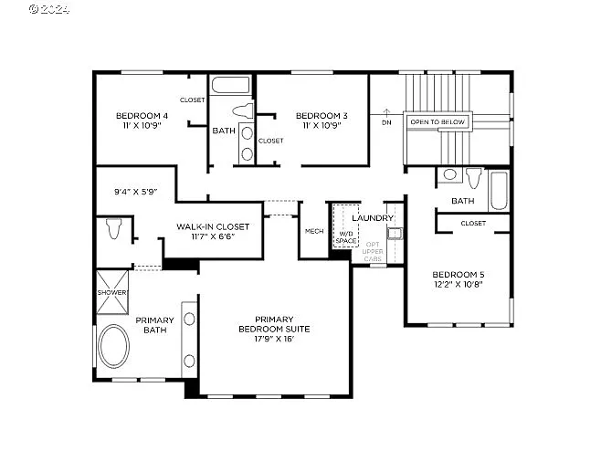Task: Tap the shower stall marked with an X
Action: coord(112,292)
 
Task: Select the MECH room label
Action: coord(314,232)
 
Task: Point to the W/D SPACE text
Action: coord(346,237)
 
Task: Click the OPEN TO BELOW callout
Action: coord(438,121)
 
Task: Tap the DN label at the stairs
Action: coord(386,121)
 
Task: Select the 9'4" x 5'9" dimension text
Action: coord(135,192)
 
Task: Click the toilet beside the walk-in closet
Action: coord(113,228)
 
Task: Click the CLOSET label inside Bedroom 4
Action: coord(193,100)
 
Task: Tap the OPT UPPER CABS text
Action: coord(374,252)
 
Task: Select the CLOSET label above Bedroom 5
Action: coord(473,223)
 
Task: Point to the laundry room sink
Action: coord(394,234)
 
